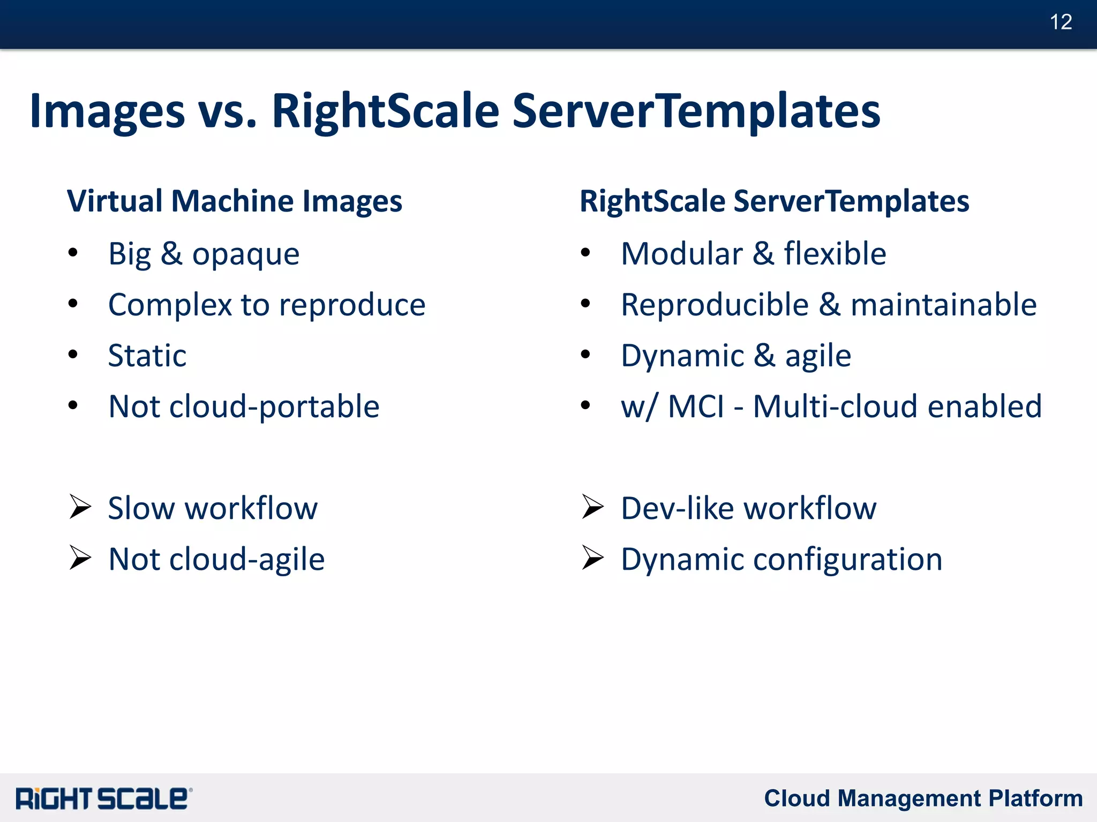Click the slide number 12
[x=1061, y=22]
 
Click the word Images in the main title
[x=107, y=111]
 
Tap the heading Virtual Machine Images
[x=234, y=201]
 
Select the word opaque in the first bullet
[x=246, y=254]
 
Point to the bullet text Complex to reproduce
[x=266, y=305]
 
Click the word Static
[x=147, y=356]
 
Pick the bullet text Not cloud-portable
[x=244, y=406]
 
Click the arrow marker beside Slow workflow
[x=80, y=507]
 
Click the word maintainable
[x=943, y=305]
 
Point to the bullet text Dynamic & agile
[x=735, y=356]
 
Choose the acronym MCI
[x=696, y=406]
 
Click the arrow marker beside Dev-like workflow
[x=593, y=507]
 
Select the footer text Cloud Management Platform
[x=923, y=798]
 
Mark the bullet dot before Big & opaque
[x=73, y=253]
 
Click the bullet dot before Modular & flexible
[x=585, y=253]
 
